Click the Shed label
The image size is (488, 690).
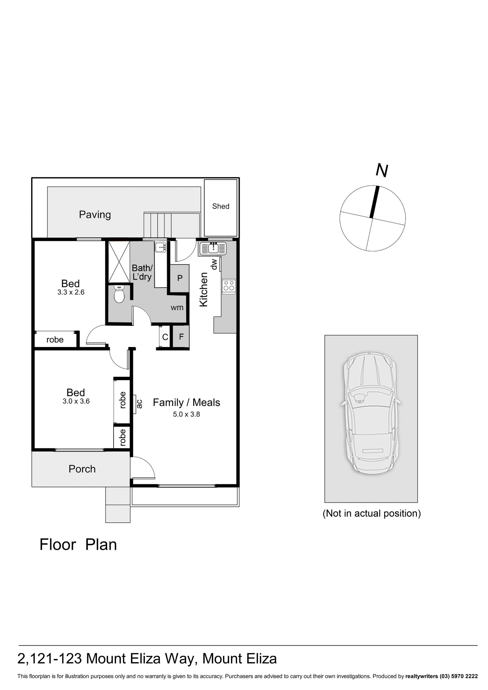(221, 206)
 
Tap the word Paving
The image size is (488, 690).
(95, 215)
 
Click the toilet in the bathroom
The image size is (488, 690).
(119, 294)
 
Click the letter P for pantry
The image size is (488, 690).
(180, 278)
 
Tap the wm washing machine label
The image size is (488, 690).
(177, 308)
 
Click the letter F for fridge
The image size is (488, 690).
(181, 337)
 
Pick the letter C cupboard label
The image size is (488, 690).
(165, 337)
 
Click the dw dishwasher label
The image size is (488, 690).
(214, 264)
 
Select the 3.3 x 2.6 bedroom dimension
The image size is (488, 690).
(71, 292)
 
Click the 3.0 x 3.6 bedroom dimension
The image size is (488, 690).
(76, 401)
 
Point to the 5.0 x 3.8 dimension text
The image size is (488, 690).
(186, 414)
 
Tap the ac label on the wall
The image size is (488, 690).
(139, 404)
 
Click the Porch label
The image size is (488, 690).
(82, 469)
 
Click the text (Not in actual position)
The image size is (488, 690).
(372, 513)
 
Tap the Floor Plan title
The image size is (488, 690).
(78, 545)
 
